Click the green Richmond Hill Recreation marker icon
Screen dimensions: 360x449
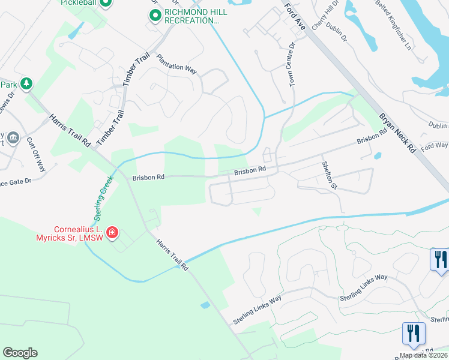click(x=155, y=16)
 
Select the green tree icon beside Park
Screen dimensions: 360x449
click(x=26, y=84)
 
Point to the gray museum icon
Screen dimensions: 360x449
click(x=14, y=139)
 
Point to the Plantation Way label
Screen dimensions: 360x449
click(x=176, y=64)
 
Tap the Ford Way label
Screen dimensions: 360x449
click(x=435, y=146)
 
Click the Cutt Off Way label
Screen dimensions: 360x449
click(x=36, y=154)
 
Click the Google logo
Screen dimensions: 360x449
click(x=20, y=353)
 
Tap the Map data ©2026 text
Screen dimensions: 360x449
click(x=423, y=355)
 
